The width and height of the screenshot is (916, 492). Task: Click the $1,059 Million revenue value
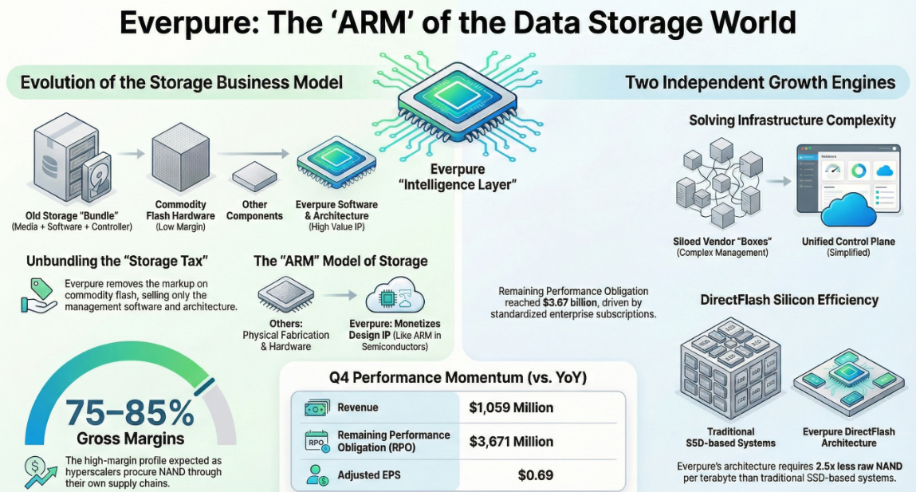tap(511, 407)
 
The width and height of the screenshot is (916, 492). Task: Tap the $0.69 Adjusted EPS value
tap(536, 475)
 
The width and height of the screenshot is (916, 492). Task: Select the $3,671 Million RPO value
tap(511, 442)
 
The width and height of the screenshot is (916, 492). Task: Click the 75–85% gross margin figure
tap(130, 412)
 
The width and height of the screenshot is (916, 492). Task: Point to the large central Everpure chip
tap(458, 103)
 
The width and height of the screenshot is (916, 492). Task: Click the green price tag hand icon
tap(39, 295)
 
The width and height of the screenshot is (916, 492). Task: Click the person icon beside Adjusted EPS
tap(318, 475)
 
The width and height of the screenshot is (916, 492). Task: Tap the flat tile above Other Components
tap(254, 176)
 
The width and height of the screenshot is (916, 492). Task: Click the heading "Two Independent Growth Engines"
tap(760, 82)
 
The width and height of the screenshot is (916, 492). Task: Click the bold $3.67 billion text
tap(569, 303)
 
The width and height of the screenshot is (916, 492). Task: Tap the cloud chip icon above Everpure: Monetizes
tap(395, 297)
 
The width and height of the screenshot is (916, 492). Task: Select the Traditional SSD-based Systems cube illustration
tap(730, 369)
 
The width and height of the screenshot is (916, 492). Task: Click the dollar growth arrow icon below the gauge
tap(41, 472)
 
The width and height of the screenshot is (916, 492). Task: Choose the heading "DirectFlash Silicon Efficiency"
tap(789, 301)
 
